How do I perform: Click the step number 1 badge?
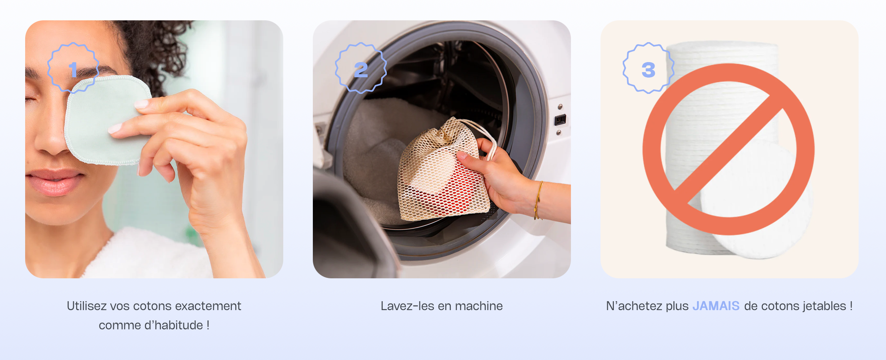[73, 68]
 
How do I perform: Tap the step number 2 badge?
[361, 68]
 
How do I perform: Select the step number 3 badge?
[649, 68]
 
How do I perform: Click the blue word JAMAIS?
[716, 306]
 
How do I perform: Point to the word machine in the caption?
[479, 306]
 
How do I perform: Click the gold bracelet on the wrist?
[538, 200]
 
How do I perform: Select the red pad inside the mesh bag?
[453, 189]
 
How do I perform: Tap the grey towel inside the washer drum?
[377, 155]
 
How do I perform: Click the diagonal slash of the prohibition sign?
[728, 149]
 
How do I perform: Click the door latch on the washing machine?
[560, 120]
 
